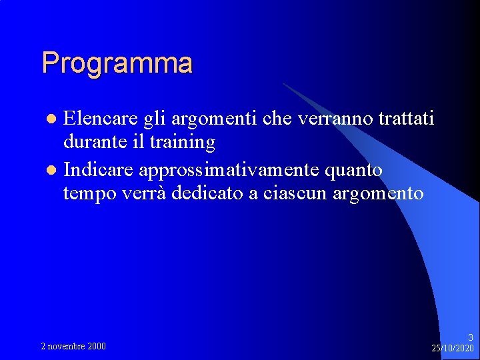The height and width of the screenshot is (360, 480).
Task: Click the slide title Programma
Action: (x=117, y=63)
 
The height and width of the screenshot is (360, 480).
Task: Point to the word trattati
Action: (x=406, y=119)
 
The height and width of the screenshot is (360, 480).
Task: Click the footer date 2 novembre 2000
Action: (x=73, y=346)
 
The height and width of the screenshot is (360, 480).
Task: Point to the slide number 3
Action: (x=470, y=337)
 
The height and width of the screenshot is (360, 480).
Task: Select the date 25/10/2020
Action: (x=453, y=348)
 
